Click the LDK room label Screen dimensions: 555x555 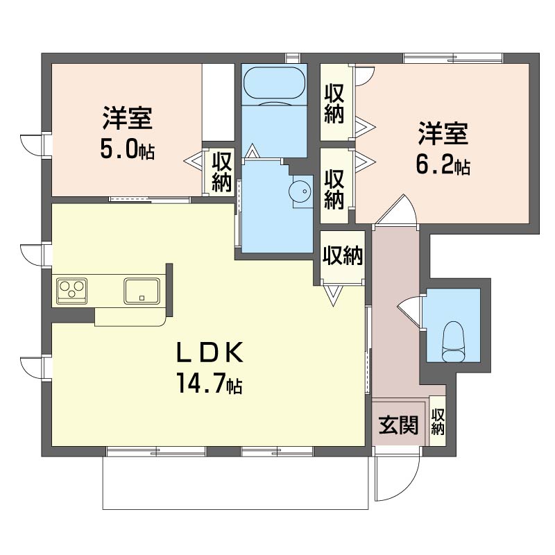click(x=208, y=355)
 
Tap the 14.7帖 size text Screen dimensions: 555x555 click(x=208, y=383)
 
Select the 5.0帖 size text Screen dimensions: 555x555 click(x=127, y=149)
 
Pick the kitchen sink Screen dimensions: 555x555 click(x=142, y=290)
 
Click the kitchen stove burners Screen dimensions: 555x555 click(x=71, y=289)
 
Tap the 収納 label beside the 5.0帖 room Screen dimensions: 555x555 click(x=222, y=171)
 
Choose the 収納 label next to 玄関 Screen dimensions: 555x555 click(x=438, y=421)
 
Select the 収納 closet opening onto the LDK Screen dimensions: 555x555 click(x=342, y=257)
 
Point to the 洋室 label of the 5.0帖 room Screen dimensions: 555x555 click(x=127, y=118)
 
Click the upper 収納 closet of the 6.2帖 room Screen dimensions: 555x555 click(x=334, y=103)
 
